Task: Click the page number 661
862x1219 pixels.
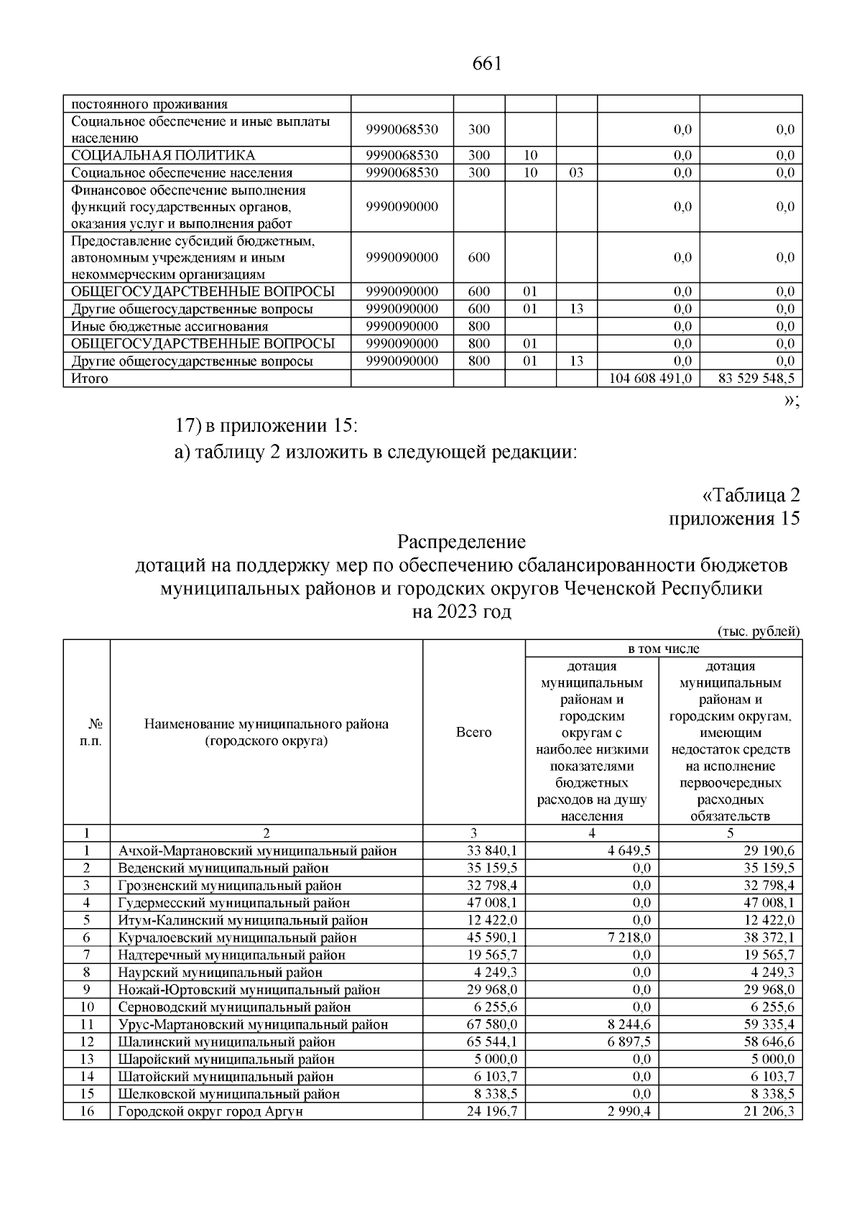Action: (x=486, y=63)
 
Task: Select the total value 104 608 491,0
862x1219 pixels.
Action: (x=650, y=379)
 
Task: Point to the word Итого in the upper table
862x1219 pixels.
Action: (x=89, y=379)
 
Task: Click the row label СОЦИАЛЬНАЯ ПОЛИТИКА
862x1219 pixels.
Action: (x=162, y=155)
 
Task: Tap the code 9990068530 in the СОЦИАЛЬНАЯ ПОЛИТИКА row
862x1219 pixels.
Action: (x=402, y=155)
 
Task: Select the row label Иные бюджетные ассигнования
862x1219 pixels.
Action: (x=170, y=326)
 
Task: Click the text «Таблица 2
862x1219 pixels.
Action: (x=750, y=496)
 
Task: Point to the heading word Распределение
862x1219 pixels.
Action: (x=461, y=541)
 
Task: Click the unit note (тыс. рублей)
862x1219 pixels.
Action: (x=759, y=631)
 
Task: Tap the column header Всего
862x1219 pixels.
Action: (x=474, y=732)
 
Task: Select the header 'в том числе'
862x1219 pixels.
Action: (x=663, y=649)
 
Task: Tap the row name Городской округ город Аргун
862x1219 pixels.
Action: (x=210, y=1111)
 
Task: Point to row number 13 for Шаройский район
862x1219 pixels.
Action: (x=86, y=1059)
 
